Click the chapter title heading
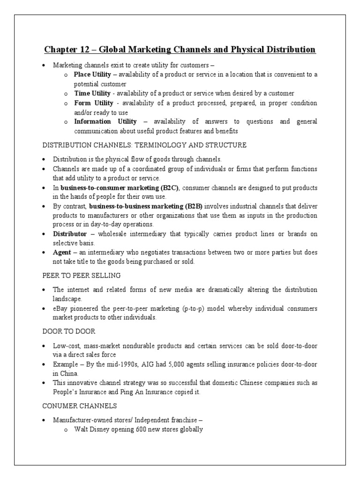coord(180,49)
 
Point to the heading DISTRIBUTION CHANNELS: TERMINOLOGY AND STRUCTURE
coord(144,145)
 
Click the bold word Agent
coord(62,252)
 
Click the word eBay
coord(60,309)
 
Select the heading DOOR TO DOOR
coord(69,332)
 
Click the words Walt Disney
coord(92,429)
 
